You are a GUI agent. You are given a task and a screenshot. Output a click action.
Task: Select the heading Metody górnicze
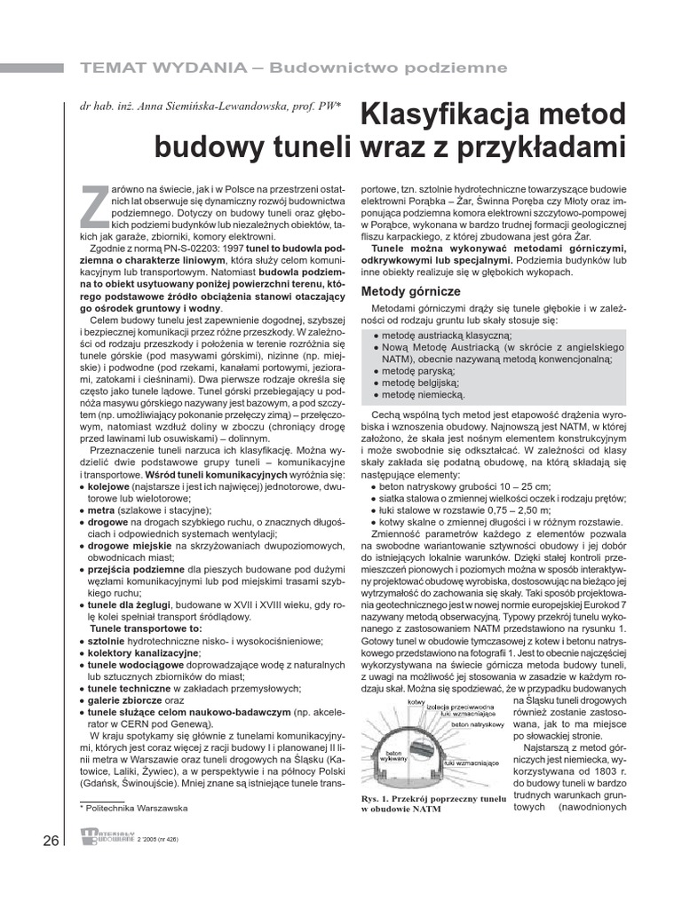pyautogui.click(x=409, y=291)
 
